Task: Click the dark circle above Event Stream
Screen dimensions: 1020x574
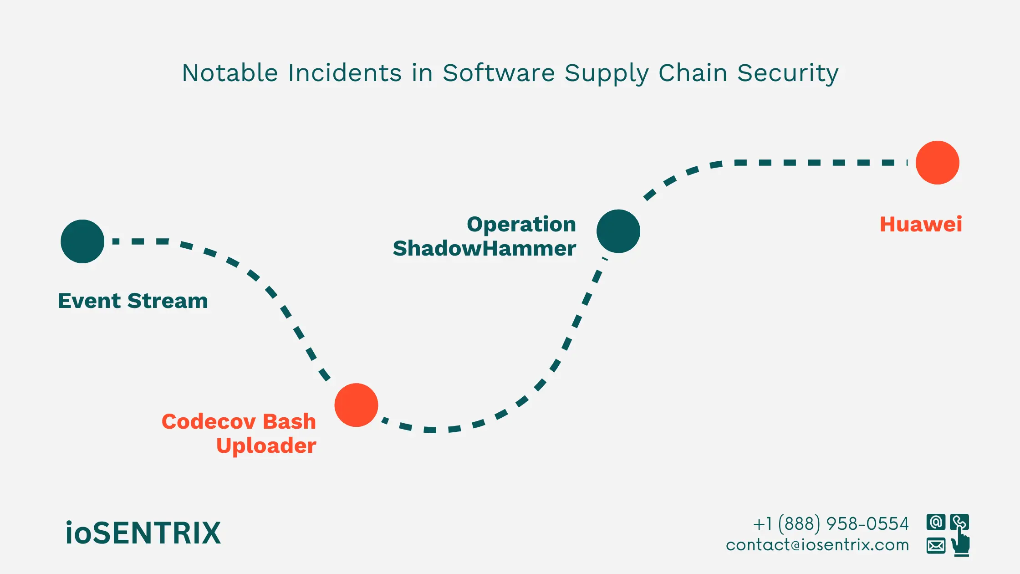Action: click(82, 241)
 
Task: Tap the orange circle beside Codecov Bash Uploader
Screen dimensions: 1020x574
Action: click(356, 405)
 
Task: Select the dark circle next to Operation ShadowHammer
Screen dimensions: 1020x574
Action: click(618, 231)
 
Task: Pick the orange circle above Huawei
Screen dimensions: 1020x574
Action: click(937, 163)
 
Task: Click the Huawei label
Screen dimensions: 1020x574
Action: click(921, 224)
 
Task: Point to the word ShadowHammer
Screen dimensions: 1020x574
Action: click(484, 249)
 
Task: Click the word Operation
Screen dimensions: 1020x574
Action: click(521, 224)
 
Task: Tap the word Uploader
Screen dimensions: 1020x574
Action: click(266, 446)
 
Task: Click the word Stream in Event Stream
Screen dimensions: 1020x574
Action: click(167, 301)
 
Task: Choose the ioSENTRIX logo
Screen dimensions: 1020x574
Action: click(143, 533)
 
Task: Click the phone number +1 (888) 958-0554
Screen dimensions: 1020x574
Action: click(831, 524)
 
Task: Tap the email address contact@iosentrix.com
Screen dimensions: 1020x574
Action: click(817, 545)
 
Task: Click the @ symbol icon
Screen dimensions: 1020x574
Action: click(936, 522)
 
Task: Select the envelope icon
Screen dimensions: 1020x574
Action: click(936, 545)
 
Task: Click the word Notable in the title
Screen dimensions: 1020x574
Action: click(230, 73)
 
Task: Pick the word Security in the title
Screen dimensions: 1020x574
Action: click(788, 73)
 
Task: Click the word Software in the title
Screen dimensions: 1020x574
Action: click(499, 73)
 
